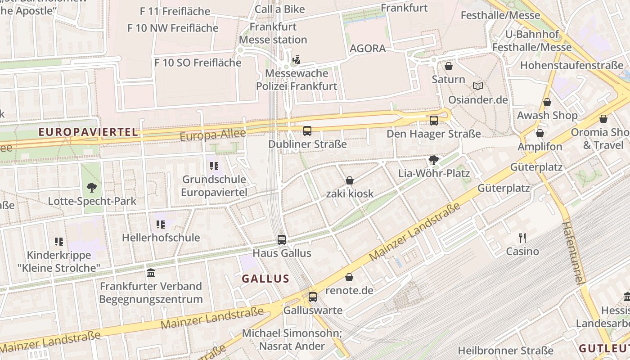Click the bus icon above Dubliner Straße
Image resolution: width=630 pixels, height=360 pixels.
pos(307,131)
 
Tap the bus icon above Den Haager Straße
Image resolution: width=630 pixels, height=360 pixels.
pos(434,121)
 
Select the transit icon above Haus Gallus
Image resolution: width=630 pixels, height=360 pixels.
pos(282,240)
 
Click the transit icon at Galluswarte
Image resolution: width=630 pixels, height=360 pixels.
pos(313,297)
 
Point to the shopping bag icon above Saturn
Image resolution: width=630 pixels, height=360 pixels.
pos(449,67)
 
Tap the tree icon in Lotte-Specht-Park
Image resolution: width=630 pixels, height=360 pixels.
pos(92,188)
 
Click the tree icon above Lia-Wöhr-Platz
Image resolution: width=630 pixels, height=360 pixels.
pos(434,160)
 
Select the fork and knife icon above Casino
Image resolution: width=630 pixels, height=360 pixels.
pos(522,238)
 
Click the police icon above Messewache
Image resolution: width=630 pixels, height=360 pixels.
pos(296,59)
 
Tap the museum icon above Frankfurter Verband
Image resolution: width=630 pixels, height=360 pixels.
pos(151,273)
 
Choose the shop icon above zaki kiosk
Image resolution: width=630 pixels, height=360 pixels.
pos(350,181)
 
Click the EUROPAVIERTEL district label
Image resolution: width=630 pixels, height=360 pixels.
pos(88,132)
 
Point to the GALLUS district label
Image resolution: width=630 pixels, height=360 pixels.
pos(265,279)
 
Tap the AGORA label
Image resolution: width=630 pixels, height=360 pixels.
pos(368,49)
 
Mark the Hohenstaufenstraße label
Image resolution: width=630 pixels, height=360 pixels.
pos(571,65)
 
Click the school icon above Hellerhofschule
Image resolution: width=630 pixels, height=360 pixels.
pos(161,224)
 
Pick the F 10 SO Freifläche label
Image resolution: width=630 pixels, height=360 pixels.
pos(198,63)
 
